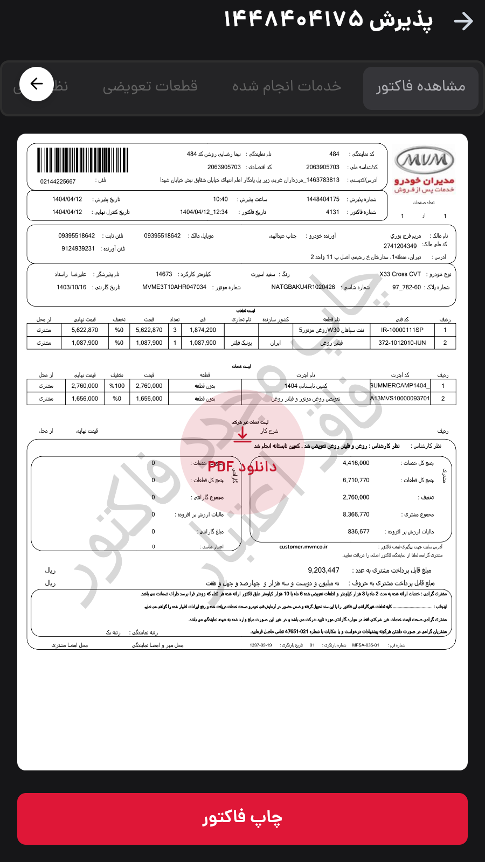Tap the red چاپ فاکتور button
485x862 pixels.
tap(242, 818)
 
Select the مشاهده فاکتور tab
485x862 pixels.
tap(420, 87)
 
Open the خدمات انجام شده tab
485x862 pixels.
tap(287, 87)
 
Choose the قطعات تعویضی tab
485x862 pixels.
tap(150, 87)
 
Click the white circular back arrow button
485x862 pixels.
tap(37, 84)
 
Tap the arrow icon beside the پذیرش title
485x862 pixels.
tap(463, 21)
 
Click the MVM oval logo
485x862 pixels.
tap(425, 160)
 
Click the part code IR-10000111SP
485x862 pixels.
tap(402, 330)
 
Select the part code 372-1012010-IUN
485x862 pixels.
tap(402, 343)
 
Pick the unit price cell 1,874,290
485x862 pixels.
tap(203, 330)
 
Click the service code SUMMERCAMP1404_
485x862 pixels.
tap(399, 386)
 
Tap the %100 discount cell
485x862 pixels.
tap(117, 386)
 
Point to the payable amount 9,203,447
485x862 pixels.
tap(323, 570)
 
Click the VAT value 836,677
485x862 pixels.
tap(358, 532)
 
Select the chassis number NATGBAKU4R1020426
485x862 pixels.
tap(303, 287)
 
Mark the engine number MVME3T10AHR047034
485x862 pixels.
tap(174, 287)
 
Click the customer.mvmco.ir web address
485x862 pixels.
tap(303, 547)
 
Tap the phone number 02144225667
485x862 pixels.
tap(58, 182)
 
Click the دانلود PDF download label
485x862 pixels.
tap(242, 467)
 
